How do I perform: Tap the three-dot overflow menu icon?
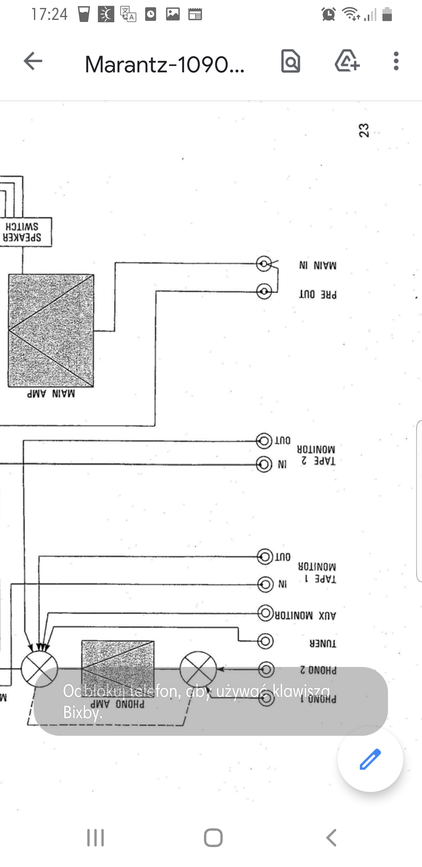(396, 61)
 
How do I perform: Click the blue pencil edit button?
(370, 759)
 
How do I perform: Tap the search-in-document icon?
(290, 61)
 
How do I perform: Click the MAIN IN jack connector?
(264, 264)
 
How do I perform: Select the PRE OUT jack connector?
(264, 291)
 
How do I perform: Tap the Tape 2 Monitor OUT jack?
(264, 441)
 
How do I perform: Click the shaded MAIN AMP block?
(51, 330)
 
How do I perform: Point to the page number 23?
(364, 130)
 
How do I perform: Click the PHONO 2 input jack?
(266, 669)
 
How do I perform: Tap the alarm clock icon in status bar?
(329, 14)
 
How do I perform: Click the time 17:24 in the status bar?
(50, 14)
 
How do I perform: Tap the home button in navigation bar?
(213, 837)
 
